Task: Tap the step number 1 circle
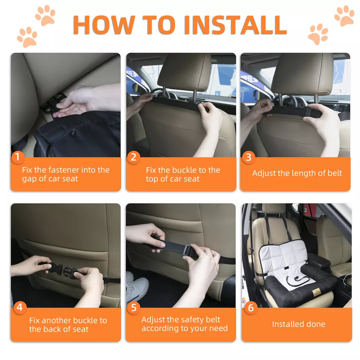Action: pos(18,157)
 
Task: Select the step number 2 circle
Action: pos(133,157)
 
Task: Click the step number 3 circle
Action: pos(248,157)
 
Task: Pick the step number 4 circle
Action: pos(19,308)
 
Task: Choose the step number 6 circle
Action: pos(250,308)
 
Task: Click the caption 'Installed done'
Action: pos(298,324)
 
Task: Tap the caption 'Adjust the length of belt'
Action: pos(297,173)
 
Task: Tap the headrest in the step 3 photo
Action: pos(302,73)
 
